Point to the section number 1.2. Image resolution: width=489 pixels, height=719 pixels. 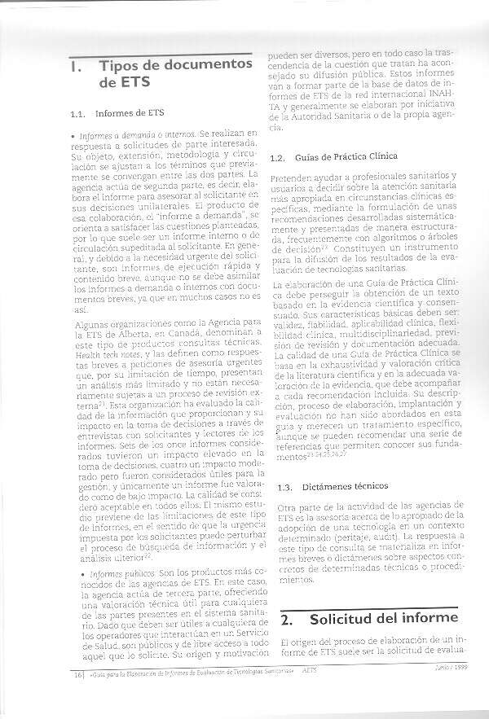click(x=275, y=156)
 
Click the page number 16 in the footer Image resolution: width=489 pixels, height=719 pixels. click(x=77, y=673)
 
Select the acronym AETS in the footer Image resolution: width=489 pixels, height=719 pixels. click(x=309, y=672)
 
